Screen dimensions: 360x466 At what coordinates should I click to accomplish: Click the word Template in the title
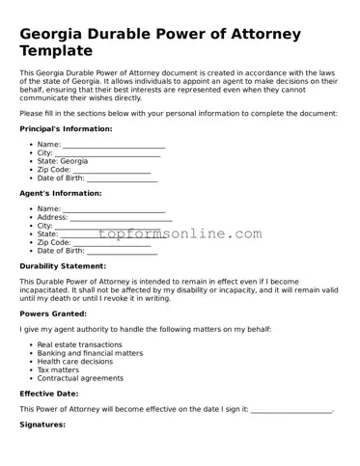coord(61,49)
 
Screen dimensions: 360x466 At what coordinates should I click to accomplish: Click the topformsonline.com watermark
coord(180,233)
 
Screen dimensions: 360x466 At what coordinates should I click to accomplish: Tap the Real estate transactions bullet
coord(79,344)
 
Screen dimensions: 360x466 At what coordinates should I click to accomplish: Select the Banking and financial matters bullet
coord(89,353)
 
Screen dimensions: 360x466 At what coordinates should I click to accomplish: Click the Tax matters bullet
coord(58,370)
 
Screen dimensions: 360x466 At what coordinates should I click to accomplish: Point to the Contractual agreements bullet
coord(80,378)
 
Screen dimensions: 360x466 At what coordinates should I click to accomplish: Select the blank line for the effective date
coord(291,410)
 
